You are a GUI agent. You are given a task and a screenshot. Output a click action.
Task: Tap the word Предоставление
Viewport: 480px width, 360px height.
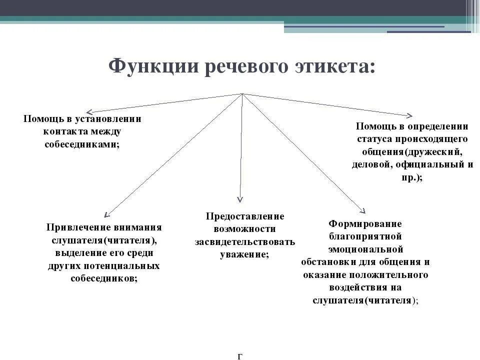point(245,216)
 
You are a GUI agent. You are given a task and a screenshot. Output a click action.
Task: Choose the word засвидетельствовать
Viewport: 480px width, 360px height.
point(245,241)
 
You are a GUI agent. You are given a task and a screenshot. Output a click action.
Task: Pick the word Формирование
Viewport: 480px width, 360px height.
point(365,223)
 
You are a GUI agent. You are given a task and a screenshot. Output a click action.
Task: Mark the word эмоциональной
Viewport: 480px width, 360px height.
point(365,249)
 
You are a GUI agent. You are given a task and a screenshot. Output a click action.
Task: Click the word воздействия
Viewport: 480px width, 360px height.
point(365,288)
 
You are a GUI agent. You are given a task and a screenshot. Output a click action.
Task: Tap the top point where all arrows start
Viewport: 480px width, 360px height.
point(242,94)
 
